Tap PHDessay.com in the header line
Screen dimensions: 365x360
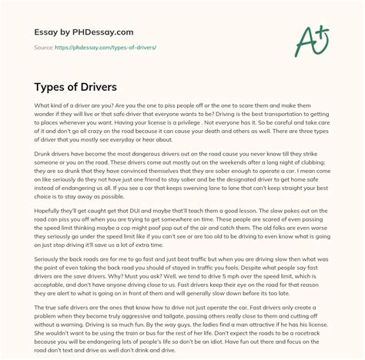coord(99,32)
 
